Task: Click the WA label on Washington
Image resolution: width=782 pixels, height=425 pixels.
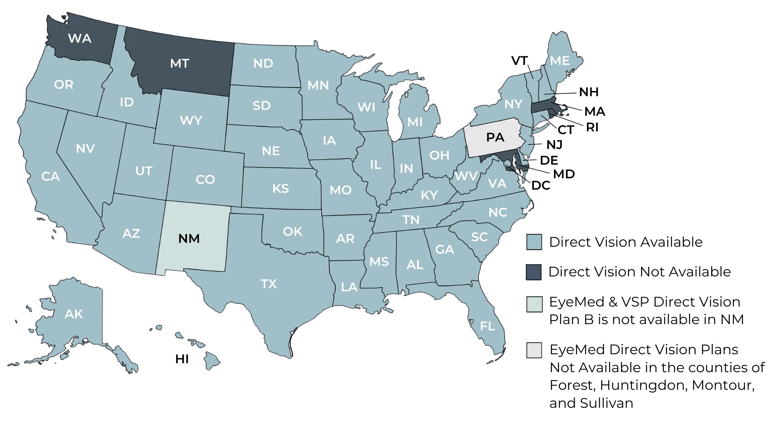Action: pos(80,38)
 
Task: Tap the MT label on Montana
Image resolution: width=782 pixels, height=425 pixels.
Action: pos(180,63)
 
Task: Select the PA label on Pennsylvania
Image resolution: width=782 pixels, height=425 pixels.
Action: pos(495,138)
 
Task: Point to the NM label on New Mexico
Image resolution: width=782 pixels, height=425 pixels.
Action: pos(189,239)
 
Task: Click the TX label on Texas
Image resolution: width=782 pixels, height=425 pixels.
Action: pos(269,283)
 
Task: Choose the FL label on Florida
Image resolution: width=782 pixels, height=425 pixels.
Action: pos(487,326)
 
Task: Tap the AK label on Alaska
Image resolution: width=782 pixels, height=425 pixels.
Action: pos(74,314)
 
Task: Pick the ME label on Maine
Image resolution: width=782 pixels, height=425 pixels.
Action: pos(560,61)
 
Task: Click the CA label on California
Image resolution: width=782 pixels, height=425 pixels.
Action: pos(50,177)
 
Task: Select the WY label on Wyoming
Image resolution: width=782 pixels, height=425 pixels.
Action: pos(191,120)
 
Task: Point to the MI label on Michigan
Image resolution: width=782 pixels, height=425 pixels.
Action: pos(415,122)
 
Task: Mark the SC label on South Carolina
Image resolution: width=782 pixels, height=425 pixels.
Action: pos(479,237)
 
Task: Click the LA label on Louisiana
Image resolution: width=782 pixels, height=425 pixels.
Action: pos(349,287)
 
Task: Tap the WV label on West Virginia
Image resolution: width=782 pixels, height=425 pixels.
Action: pos(466,176)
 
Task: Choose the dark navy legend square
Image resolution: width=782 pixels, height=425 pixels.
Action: pos(534,272)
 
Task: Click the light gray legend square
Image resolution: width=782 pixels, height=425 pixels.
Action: pos(534,350)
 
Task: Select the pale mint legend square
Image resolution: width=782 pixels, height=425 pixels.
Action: pos(534,304)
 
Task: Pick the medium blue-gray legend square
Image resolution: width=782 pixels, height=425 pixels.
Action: pos(534,241)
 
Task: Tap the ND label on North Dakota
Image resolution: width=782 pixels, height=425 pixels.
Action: pos(263,63)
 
